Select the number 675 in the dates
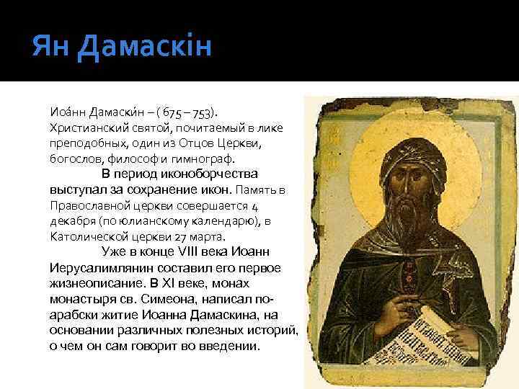(x=173, y=113)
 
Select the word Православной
(x=84, y=205)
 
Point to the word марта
(x=210, y=236)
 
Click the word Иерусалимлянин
(x=96, y=267)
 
